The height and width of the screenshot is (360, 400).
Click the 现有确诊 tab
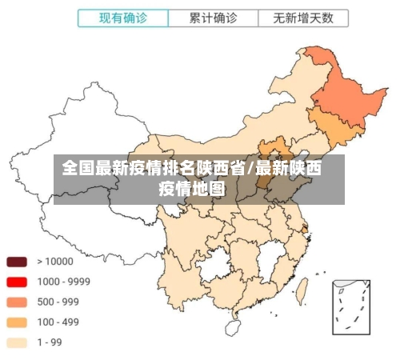click(123, 18)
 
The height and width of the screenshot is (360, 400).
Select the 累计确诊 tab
click(212, 18)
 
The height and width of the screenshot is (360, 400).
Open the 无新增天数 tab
click(302, 18)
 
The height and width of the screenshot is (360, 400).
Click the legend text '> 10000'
click(54, 262)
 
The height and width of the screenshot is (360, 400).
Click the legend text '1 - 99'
click(50, 342)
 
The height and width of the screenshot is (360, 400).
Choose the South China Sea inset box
click(351, 307)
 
